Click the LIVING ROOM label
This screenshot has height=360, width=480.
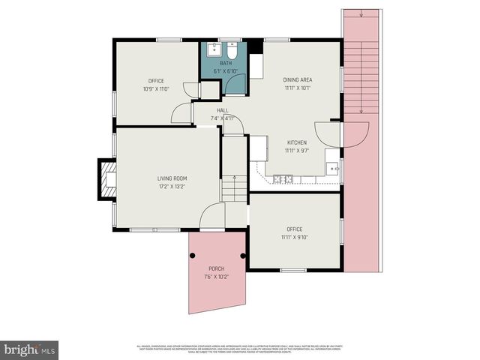(172, 178)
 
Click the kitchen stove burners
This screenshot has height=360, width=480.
(283, 178)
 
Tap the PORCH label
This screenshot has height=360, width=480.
(215, 268)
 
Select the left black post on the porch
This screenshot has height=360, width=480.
(192, 256)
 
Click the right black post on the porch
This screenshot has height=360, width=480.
(242, 256)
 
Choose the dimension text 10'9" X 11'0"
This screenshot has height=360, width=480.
(156, 88)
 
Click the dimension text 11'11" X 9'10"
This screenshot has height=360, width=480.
(295, 237)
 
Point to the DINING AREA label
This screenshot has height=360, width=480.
(297, 79)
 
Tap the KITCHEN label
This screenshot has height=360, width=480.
(297, 141)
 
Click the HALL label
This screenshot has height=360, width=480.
(223, 110)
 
